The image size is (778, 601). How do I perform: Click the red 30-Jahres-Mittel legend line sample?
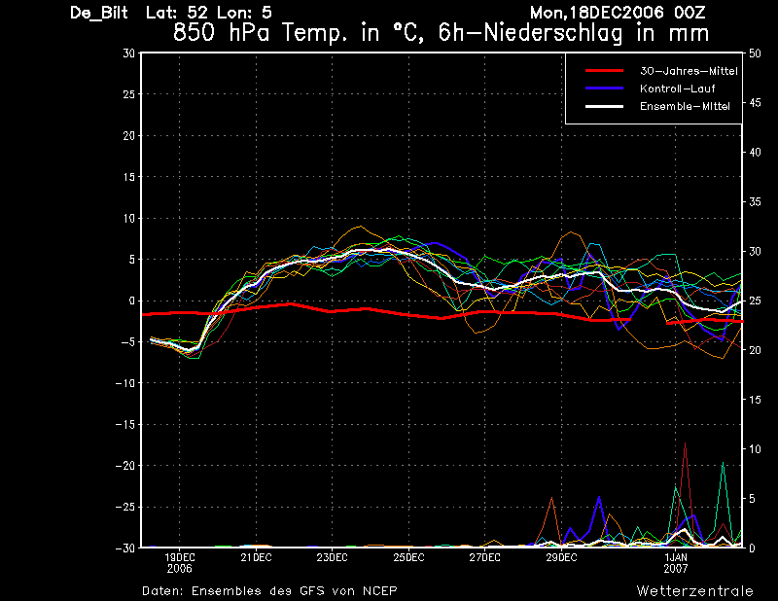click(604, 71)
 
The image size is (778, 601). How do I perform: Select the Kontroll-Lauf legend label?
click(677, 88)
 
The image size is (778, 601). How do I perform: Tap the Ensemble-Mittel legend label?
click(685, 106)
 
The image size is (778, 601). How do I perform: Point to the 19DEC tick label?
click(180, 558)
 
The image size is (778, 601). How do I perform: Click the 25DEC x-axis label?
click(408, 558)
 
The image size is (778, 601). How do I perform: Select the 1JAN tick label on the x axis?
click(676, 558)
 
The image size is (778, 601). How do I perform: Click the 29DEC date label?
click(561, 558)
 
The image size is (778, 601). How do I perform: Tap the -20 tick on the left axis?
click(125, 466)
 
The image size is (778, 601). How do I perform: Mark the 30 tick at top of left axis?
click(129, 53)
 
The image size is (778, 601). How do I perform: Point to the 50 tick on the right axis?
click(755, 53)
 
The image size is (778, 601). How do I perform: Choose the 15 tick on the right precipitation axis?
click(755, 400)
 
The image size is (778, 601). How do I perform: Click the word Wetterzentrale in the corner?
click(694, 591)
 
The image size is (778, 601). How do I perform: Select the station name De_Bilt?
click(99, 13)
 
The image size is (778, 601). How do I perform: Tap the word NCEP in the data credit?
click(379, 591)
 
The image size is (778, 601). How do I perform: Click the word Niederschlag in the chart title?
click(552, 33)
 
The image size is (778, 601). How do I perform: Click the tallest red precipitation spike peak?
click(685, 443)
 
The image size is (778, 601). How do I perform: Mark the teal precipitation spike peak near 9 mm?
click(723, 463)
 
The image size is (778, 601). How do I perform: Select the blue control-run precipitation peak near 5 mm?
click(599, 497)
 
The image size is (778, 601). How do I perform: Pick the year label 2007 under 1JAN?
click(676, 569)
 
